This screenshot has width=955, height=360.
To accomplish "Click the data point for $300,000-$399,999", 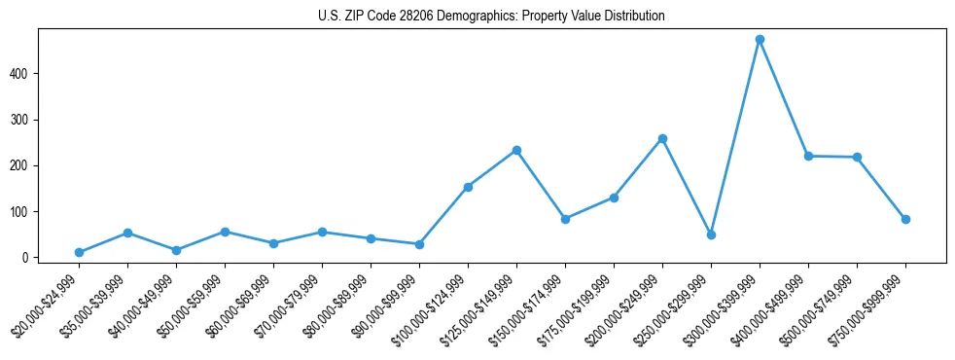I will pos(760,40).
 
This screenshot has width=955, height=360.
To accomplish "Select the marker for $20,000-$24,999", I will pos(79,253).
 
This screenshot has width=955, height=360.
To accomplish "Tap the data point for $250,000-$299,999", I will pos(711,234).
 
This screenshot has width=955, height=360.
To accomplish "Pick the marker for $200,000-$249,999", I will pos(662,139).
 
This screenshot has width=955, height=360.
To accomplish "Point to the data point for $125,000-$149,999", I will pos(516,150).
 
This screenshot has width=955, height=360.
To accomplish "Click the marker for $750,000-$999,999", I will pos(905,220).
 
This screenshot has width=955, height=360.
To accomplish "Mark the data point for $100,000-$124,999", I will pos(468,187).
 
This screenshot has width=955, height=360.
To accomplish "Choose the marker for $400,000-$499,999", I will pos(808,156).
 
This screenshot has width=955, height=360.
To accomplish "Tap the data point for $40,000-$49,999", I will pos(176,250).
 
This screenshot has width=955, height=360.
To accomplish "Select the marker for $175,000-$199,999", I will pos(614,198).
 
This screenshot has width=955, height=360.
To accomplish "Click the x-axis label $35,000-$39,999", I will pos(95,306).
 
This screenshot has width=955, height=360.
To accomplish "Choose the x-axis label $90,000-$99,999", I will pos(387,306).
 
